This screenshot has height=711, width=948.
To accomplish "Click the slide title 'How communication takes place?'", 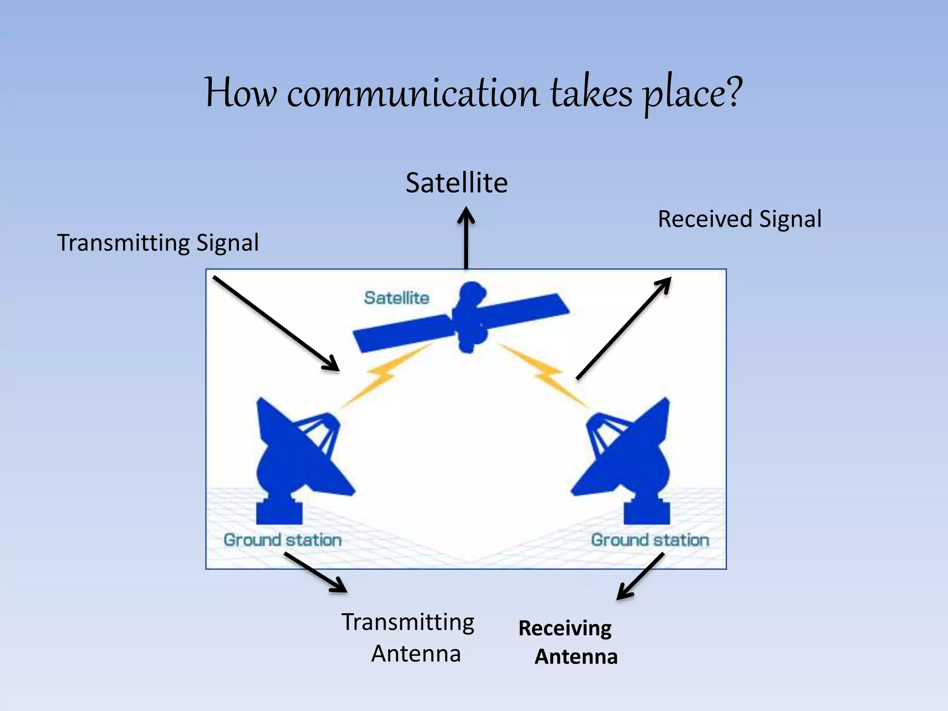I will (473, 94).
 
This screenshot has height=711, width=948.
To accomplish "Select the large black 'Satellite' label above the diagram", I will (456, 183).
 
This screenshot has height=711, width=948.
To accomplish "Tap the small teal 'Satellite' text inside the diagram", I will (396, 298).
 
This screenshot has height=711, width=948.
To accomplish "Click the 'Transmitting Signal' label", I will (157, 243).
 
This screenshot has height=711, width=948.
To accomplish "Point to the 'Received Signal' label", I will (739, 219).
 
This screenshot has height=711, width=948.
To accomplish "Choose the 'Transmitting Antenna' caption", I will (408, 637).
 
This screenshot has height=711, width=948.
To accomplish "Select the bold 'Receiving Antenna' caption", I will (568, 642).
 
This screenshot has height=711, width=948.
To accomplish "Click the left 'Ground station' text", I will (282, 540).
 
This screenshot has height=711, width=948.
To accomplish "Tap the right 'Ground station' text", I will (650, 540).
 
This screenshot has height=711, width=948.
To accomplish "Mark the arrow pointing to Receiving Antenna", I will (641, 577).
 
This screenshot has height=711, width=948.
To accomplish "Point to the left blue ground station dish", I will (296, 458).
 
